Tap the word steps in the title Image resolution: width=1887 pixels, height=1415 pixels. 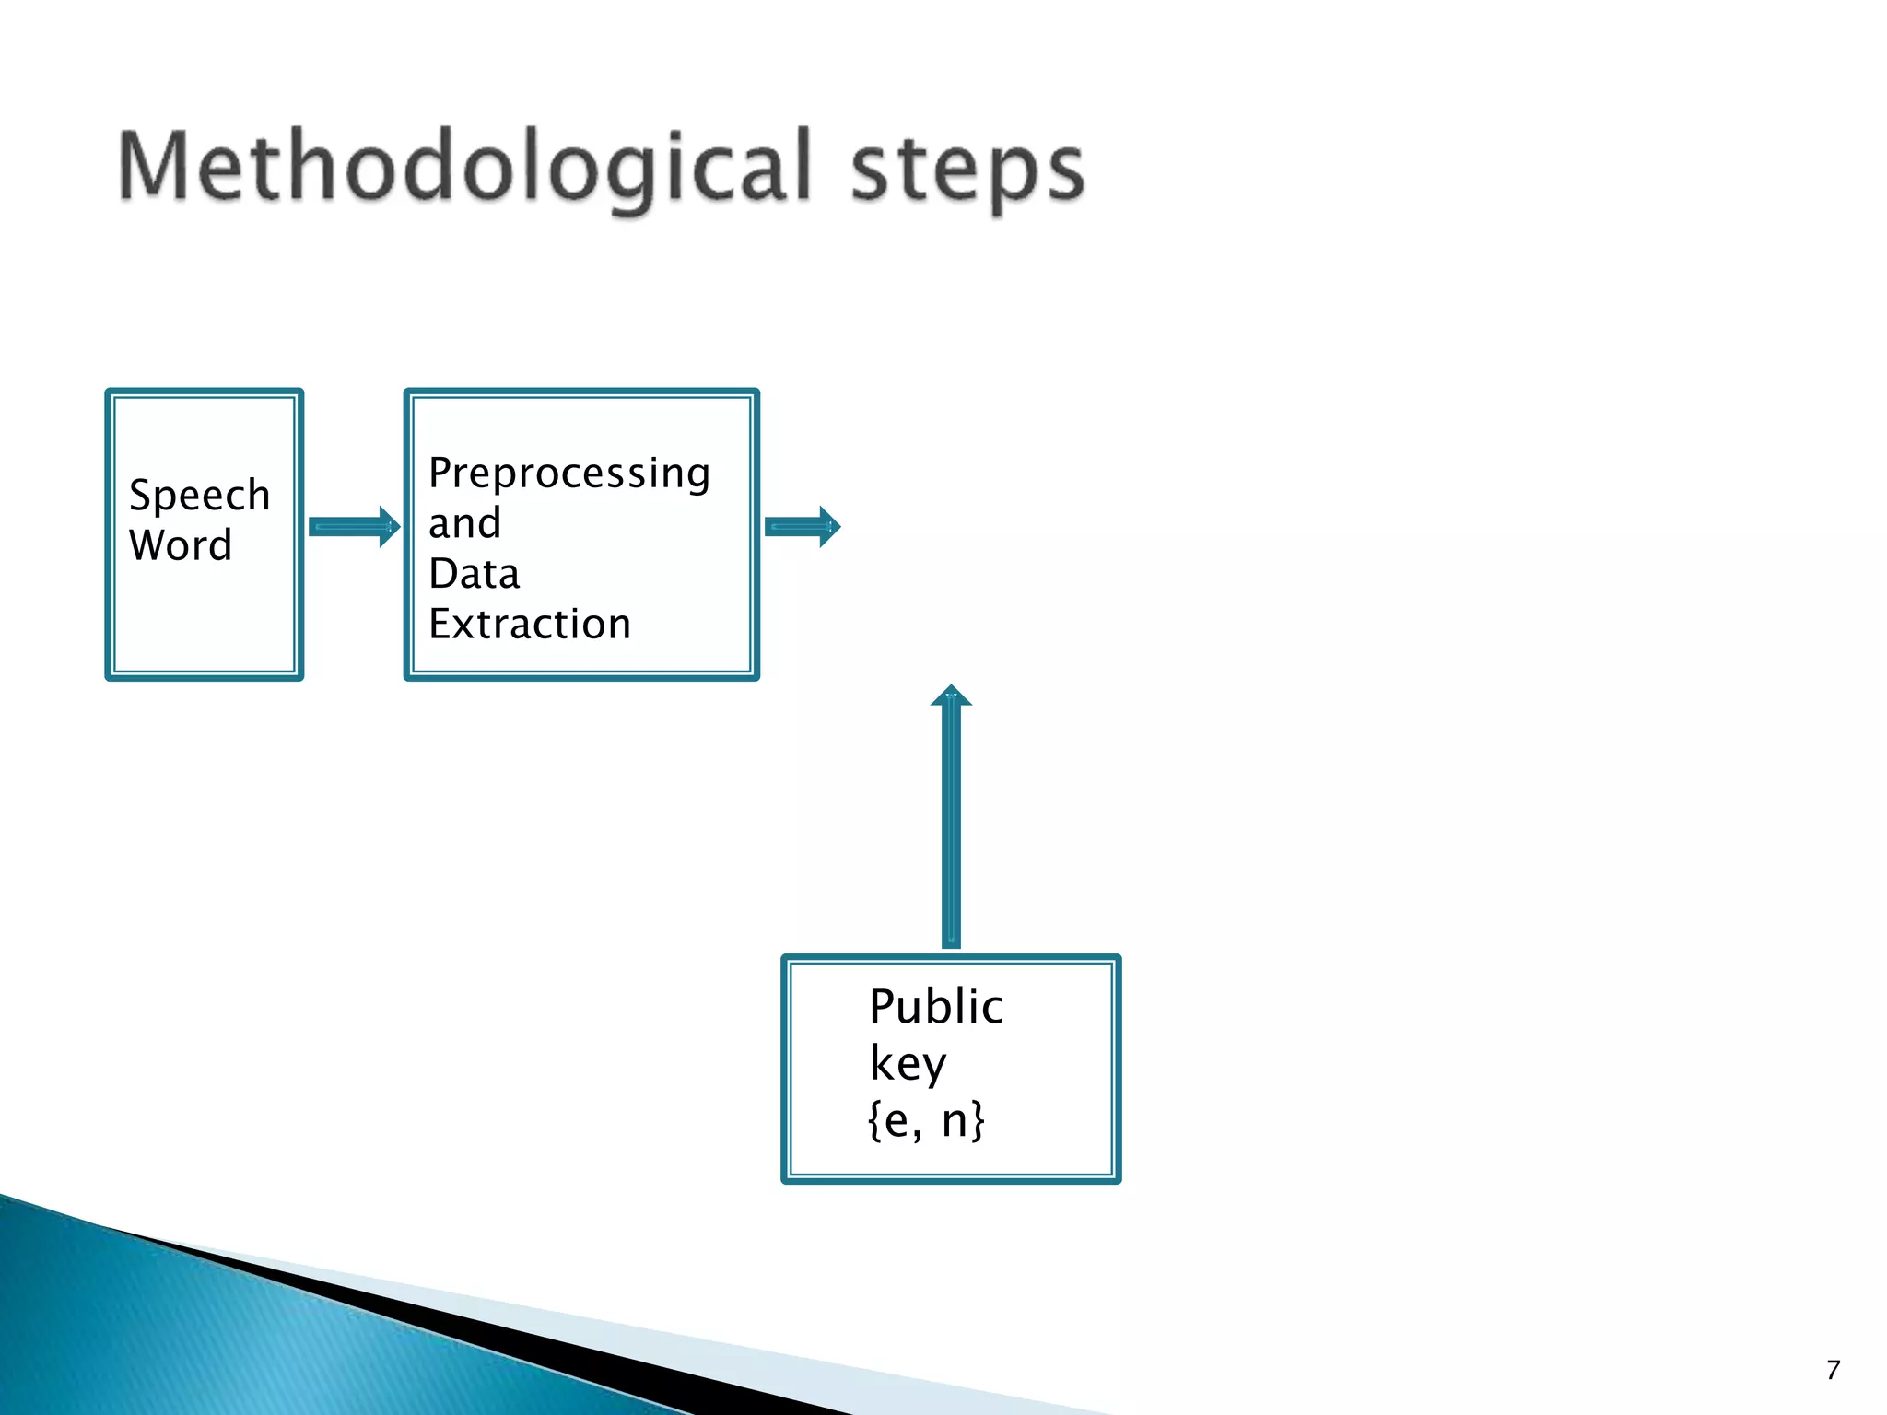tap(967, 170)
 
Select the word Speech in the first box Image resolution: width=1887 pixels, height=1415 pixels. tap(199, 496)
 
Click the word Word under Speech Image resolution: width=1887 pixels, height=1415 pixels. tap(181, 545)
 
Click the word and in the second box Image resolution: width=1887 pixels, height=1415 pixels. tap(464, 523)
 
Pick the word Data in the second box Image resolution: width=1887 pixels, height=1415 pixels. tap(474, 574)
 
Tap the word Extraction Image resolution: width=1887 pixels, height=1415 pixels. tap(530, 625)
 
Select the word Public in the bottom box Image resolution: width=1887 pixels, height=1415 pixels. tap(936, 1006)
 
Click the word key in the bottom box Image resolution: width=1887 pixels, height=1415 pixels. tap(908, 1065)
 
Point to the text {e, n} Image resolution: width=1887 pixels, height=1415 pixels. tap(926, 1120)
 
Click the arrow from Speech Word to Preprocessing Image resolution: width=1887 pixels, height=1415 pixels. tap(354, 527)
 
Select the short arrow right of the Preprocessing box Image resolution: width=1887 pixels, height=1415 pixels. tap(803, 527)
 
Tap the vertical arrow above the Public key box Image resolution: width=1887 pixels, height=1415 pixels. tap(951, 820)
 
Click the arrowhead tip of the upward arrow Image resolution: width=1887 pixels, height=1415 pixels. tap(951, 688)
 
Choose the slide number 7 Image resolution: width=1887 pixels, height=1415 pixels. tap(1833, 1370)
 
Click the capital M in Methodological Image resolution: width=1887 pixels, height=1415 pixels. tap(153, 166)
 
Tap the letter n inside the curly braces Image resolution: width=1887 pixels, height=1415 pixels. tap(954, 1121)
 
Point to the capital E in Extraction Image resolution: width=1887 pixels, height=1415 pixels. tap(440, 625)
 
